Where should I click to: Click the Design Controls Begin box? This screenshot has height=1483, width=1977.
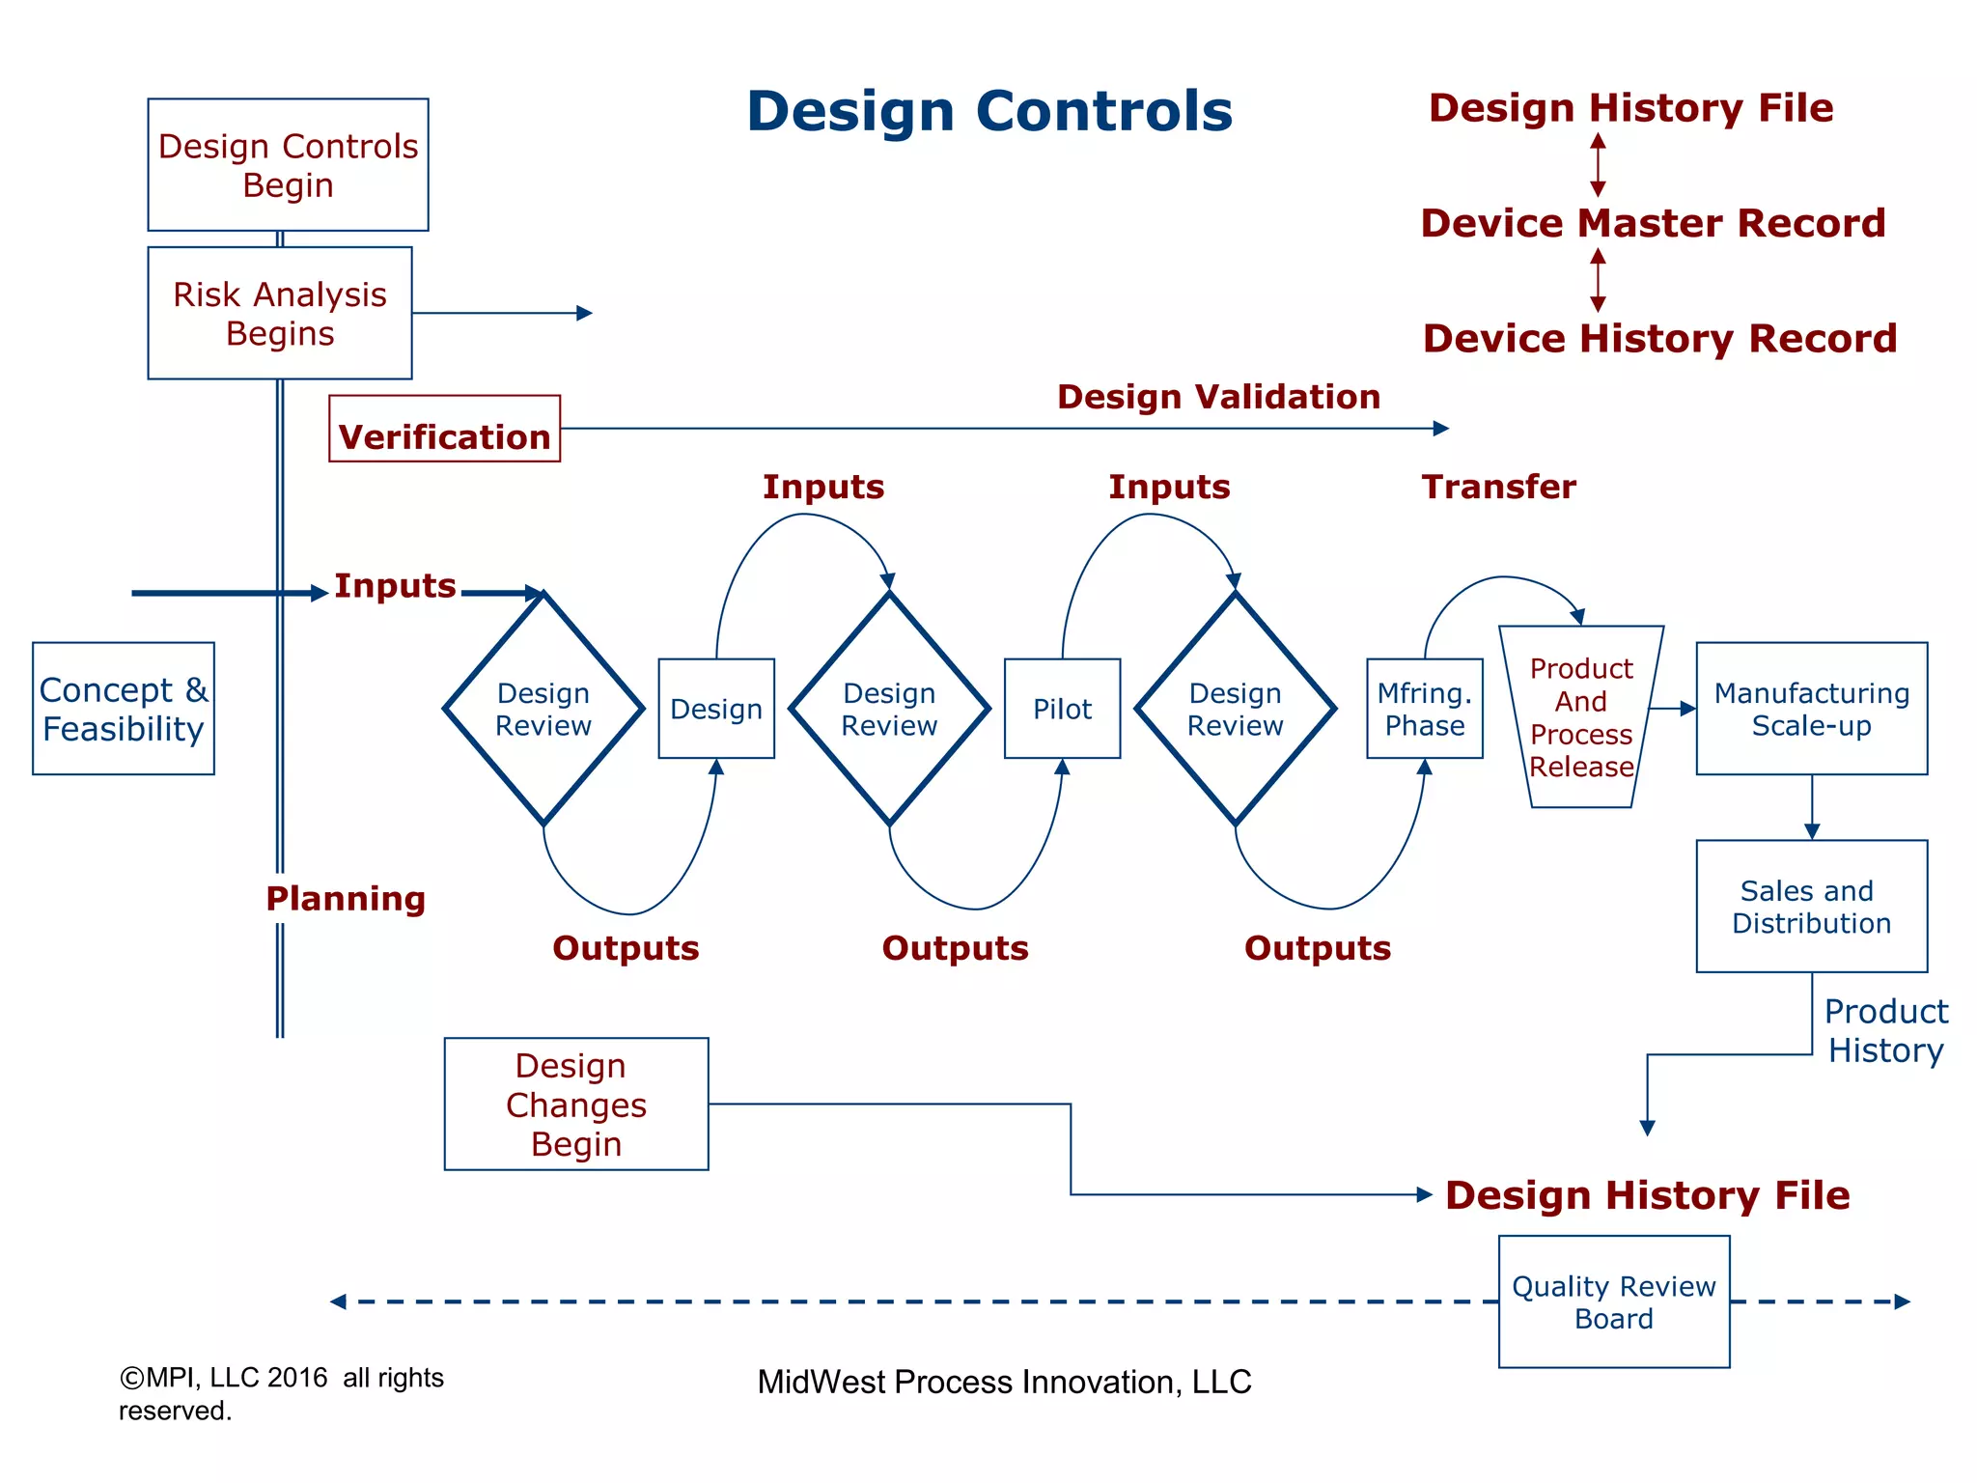point(288,164)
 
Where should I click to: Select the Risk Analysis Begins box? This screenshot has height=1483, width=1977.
point(280,313)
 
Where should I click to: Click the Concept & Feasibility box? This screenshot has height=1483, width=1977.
point(124,709)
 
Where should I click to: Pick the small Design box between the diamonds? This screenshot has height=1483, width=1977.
point(716,709)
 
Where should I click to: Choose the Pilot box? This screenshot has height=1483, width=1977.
point(1062,709)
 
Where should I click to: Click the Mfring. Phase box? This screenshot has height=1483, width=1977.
point(1425,709)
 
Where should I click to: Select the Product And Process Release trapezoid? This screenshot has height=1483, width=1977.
point(1581,716)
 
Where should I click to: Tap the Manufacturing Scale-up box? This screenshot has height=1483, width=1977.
point(1812,709)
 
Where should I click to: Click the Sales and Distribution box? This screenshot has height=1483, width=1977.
point(1812,906)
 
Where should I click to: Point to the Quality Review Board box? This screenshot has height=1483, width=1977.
point(1614,1301)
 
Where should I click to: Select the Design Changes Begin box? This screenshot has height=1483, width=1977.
point(576,1104)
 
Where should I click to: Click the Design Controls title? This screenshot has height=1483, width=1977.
point(989,111)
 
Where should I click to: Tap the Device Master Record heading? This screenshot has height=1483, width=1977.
point(1653,223)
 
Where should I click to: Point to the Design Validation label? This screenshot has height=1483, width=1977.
point(1218,397)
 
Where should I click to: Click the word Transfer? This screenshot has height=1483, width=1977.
point(1498,487)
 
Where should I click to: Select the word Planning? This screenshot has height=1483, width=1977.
point(346,899)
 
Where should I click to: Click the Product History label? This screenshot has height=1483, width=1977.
point(1885,1030)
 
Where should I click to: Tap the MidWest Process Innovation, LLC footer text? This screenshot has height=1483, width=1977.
point(1004,1382)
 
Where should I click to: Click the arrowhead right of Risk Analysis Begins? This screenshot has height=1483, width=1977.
point(585,313)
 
